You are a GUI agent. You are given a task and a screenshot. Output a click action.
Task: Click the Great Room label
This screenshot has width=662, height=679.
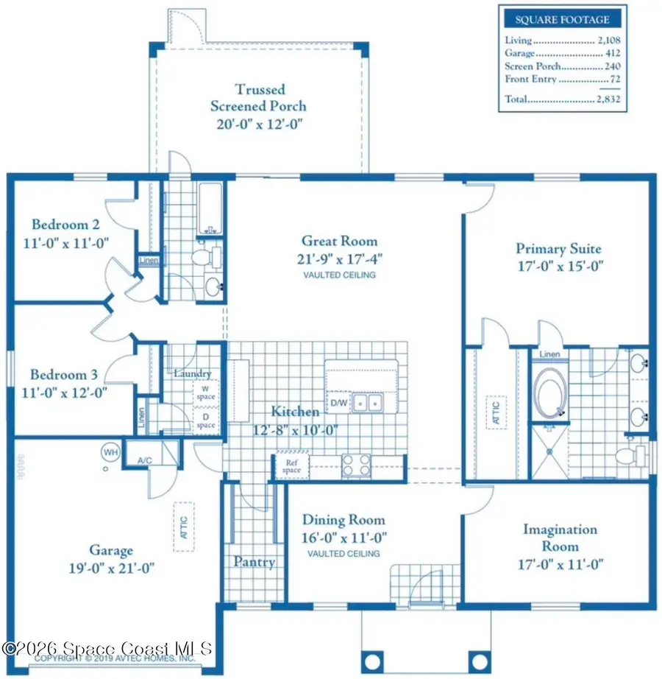click(x=339, y=241)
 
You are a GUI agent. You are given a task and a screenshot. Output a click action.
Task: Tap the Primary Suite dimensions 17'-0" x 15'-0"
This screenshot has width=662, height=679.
click(x=559, y=267)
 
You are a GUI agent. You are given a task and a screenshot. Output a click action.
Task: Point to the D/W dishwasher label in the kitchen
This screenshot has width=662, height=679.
click(x=338, y=402)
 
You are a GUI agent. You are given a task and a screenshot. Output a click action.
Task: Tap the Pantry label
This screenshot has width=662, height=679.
click(x=254, y=562)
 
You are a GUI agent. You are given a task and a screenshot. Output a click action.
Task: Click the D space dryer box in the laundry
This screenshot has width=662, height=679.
click(x=205, y=421)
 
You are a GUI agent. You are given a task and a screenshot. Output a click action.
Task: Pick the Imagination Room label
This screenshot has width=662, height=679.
click(x=560, y=538)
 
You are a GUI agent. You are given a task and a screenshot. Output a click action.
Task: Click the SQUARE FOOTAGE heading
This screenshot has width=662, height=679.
click(x=562, y=20)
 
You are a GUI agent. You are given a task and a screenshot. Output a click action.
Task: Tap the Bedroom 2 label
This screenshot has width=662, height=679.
click(x=65, y=224)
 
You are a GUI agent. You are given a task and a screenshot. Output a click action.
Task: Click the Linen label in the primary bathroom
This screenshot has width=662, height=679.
click(x=549, y=354)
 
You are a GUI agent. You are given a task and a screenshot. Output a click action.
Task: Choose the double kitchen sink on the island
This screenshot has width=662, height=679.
click(x=366, y=403)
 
